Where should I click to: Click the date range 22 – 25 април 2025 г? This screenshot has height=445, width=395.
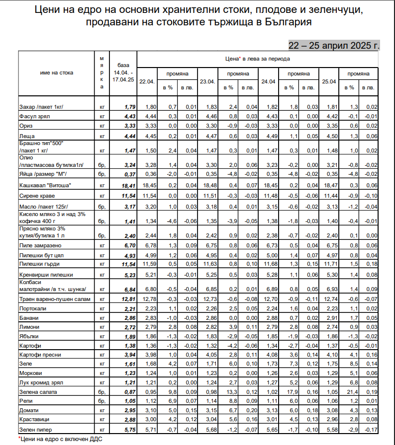pos(334,45)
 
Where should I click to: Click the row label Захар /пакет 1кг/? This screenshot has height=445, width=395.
pos(42,107)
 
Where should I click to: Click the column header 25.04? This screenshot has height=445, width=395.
pos(329,81)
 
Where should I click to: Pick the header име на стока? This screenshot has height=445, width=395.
pos(56,73)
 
